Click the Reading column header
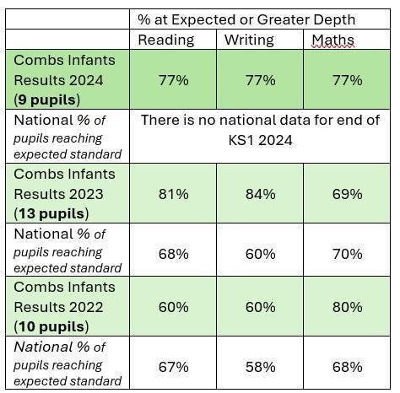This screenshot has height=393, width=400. pos(166,40)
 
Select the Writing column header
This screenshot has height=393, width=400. pos(249,40)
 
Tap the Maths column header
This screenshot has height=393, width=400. pos(333,40)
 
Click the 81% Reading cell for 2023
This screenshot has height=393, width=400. pos(173,194)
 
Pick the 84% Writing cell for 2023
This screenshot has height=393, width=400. pos(260,194)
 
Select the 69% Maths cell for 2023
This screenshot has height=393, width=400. pos(347,194)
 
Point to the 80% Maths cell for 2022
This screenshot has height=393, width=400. pos(347,307)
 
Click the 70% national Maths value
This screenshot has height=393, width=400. pos(347,254)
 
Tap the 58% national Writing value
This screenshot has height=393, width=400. pos(260,367)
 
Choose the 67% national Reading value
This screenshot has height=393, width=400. pos(173,367)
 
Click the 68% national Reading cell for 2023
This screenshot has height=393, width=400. pos(173,254)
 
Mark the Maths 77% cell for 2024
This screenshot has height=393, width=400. pos(347,80)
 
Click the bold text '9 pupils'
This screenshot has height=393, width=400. pos(46,100)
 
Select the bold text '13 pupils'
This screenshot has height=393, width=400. pos(51,213)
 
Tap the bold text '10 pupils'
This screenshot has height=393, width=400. pos(51,327)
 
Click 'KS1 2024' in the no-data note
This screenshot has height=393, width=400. pos(260,140)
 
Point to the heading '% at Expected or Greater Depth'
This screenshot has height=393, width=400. pos(246,20)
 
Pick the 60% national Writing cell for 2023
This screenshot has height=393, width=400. pos(260,254)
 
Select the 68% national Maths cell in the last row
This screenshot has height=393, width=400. pos(347,367)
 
